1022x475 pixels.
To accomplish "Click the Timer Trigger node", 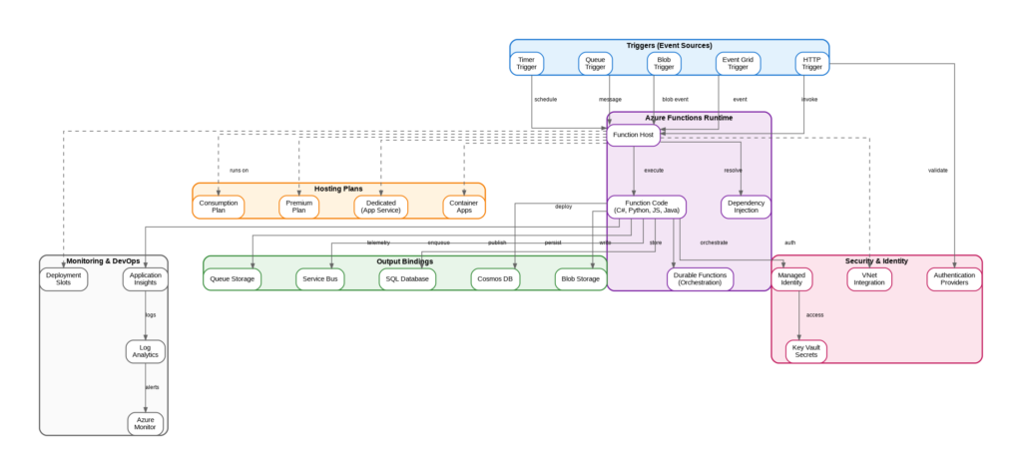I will click(526, 64).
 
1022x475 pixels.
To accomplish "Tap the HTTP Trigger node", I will click(812, 64).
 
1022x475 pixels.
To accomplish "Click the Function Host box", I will click(633, 134).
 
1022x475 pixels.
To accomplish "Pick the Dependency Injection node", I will click(746, 207).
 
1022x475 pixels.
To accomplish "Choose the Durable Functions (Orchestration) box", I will click(700, 278).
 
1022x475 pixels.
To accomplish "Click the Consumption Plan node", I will click(219, 207).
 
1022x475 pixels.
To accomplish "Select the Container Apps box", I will click(464, 207).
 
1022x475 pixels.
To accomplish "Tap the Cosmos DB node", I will click(495, 278).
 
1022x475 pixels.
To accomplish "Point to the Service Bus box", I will click(319, 278).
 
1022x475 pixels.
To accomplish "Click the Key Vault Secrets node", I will click(806, 351).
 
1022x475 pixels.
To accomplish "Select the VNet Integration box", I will click(869, 278).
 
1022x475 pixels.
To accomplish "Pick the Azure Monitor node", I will click(146, 423).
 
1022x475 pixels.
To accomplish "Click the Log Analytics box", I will click(146, 351).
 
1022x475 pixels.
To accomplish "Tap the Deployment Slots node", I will click(64, 278).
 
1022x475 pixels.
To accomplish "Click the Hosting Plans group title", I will click(338, 188).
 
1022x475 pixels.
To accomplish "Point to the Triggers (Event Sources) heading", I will click(669, 45).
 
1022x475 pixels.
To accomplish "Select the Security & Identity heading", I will click(876, 260).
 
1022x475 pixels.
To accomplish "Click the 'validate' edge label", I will click(938, 170).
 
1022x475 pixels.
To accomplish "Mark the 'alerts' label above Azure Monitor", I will click(152, 387).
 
